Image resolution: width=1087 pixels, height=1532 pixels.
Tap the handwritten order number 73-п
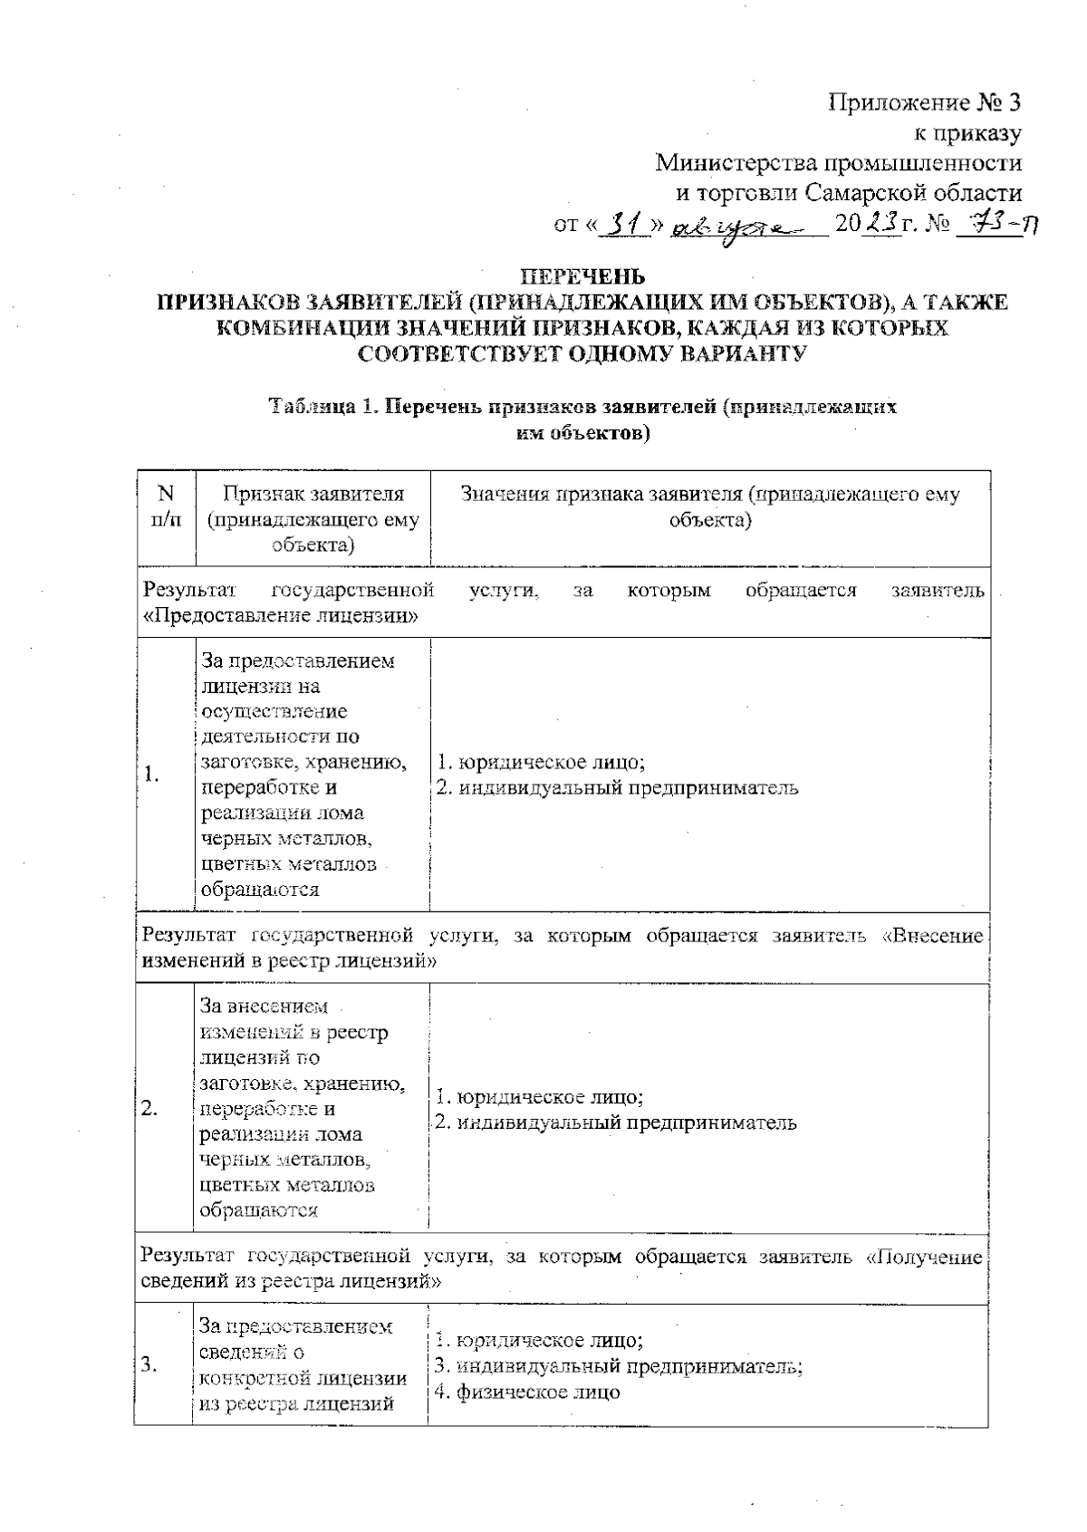(996, 224)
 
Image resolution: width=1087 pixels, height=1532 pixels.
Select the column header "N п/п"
(165, 506)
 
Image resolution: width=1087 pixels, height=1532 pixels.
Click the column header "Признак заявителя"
(313, 494)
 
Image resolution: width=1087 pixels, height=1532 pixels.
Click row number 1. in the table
(152, 774)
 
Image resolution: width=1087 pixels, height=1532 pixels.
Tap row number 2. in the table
(150, 1108)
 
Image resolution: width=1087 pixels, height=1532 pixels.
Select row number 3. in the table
(151, 1365)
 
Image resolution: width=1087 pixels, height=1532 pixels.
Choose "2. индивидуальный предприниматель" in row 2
(616, 1123)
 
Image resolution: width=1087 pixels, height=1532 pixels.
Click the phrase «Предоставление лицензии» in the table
(280, 617)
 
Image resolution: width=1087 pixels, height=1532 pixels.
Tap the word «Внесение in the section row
(933, 935)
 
